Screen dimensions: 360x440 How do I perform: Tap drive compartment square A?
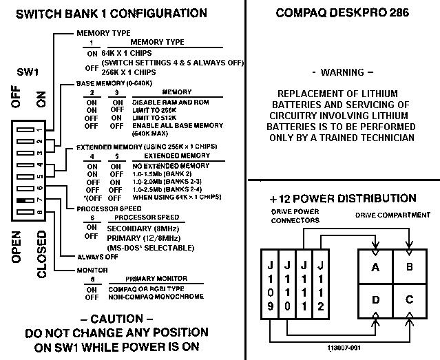point(375,266)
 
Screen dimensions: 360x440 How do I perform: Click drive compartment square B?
point(410,266)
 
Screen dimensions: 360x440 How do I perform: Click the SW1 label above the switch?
point(27,72)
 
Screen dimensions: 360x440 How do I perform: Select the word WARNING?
point(342,72)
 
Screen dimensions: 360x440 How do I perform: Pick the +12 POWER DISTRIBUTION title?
point(342,199)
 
